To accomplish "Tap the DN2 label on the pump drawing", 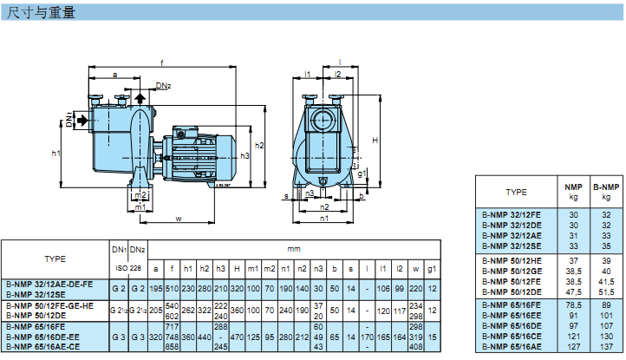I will pos(164,85).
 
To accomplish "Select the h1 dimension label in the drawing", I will pos(55,154).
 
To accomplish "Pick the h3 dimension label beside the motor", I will pos(246,155).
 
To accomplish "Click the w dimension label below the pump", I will pos(179,219).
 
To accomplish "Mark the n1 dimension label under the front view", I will pos(324,219).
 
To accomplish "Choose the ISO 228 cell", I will pos(128,268).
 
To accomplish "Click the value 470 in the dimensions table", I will pos(237,336).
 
